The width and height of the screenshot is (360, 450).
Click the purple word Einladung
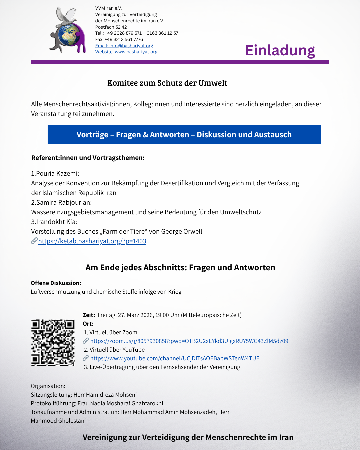click(x=280, y=50)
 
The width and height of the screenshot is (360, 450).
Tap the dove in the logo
click(x=66, y=17)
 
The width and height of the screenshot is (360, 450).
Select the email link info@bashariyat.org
click(x=124, y=46)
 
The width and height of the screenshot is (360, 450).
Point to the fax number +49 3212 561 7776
click(x=124, y=39)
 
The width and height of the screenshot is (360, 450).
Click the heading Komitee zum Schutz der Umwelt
click(x=167, y=83)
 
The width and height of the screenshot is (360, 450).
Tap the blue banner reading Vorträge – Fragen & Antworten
click(x=184, y=135)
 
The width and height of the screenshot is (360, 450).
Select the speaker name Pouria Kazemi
click(x=57, y=173)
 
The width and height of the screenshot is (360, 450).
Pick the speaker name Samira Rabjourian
click(x=64, y=202)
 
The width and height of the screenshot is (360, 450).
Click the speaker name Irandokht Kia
click(x=56, y=222)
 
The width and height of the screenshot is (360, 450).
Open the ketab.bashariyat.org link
click(x=92, y=241)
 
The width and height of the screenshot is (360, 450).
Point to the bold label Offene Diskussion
click(x=56, y=283)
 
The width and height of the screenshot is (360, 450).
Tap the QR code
click(x=53, y=343)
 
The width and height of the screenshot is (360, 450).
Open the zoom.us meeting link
click(x=189, y=341)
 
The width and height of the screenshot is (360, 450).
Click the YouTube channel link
click(x=175, y=358)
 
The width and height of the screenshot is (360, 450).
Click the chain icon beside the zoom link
click(x=86, y=341)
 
